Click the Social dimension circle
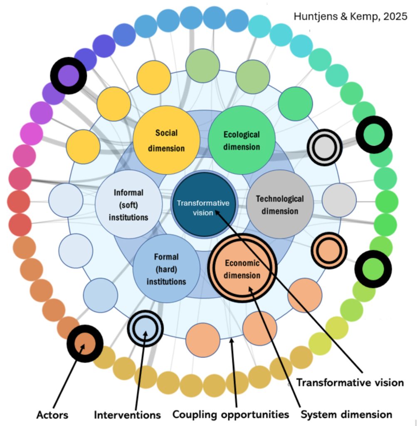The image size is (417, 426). (x=166, y=140)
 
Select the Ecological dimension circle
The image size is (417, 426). (x=242, y=140)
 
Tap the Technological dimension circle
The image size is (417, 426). (x=279, y=204)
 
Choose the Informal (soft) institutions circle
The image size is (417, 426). (x=128, y=204)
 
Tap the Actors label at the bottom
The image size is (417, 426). (x=52, y=414)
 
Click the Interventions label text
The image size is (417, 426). (x=127, y=414)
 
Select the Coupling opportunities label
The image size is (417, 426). (x=231, y=414)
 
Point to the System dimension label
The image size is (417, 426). (x=346, y=414)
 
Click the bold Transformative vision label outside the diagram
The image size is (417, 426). (x=350, y=382)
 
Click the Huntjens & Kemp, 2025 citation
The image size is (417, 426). (x=350, y=17)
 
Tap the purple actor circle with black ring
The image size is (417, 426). (x=68, y=76)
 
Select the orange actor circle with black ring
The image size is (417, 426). (x=85, y=344)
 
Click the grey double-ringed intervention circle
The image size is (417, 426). (x=324, y=147)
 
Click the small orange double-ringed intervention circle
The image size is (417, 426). (x=328, y=250)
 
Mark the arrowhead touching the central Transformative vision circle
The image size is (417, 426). (x=217, y=213)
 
